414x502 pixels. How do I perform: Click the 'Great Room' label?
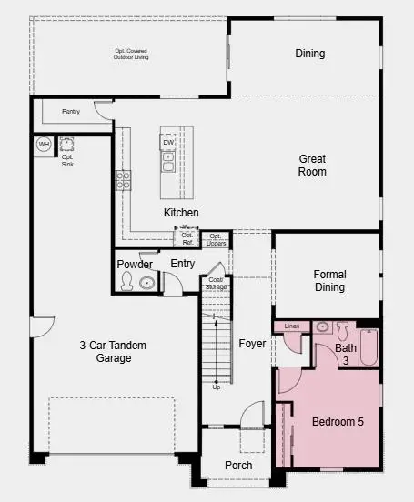click(x=312, y=165)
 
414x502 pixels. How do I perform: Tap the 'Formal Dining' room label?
click(x=329, y=280)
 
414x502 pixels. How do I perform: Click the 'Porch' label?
click(x=238, y=466)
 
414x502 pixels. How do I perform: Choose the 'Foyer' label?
click(x=252, y=344)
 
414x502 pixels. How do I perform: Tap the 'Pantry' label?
click(x=71, y=112)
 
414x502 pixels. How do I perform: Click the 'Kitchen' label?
click(x=181, y=213)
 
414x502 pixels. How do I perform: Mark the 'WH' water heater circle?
click(x=44, y=144)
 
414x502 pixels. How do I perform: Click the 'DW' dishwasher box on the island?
click(x=168, y=143)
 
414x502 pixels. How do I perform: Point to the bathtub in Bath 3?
click(x=368, y=346)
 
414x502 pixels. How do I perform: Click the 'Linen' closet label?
click(x=292, y=326)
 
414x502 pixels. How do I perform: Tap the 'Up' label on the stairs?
click(x=216, y=387)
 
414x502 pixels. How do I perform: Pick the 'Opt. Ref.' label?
click(x=187, y=238)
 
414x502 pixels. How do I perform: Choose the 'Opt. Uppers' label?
click(x=216, y=239)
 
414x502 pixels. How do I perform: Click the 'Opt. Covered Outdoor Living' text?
click(x=131, y=54)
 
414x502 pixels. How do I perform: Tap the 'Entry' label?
click(x=183, y=264)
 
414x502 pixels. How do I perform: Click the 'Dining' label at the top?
click(x=309, y=54)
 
